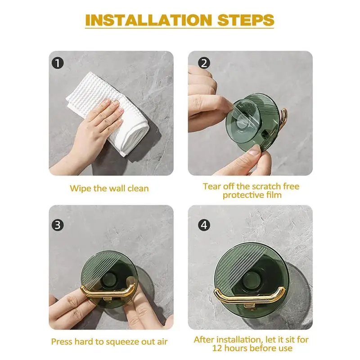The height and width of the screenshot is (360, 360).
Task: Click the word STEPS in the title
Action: pos(246,20)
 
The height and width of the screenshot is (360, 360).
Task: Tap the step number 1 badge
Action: pos(58,63)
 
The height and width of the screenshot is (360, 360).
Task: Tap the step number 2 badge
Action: pos(204,63)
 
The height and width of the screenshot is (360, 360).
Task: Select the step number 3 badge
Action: pos(58,225)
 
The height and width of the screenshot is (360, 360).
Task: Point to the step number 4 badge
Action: pos(204,225)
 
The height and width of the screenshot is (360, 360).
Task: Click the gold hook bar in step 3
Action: pos(108,291)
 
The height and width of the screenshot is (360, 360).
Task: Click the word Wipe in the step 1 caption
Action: pos(81,189)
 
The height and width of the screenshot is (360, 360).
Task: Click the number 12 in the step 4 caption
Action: pos(217,348)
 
